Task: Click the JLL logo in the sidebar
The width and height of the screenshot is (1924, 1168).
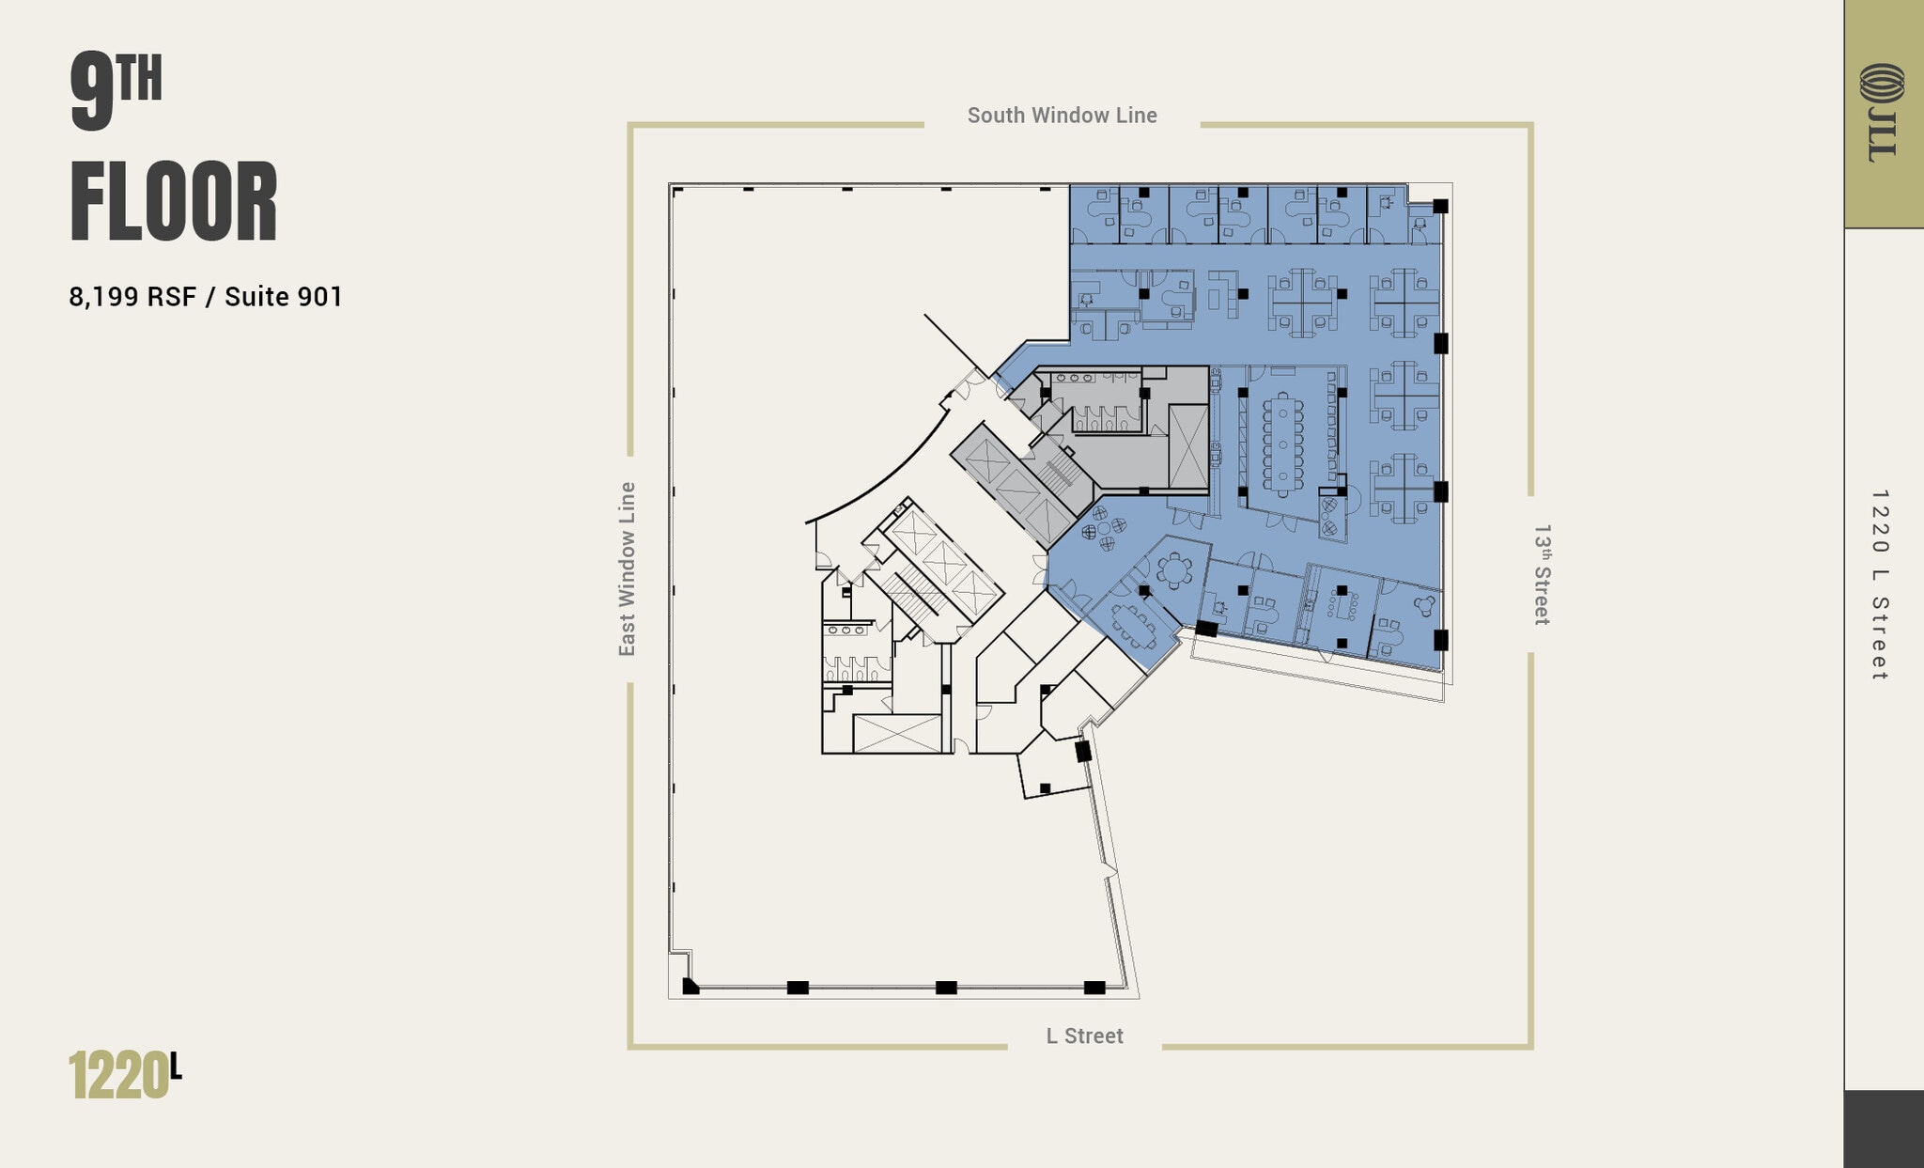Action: (1882, 113)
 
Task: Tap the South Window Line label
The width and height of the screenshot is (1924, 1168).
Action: (1062, 116)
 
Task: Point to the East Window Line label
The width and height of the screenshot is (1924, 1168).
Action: (628, 568)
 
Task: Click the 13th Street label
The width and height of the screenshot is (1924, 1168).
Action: (1542, 574)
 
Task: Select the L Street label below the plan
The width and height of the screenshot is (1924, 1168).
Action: (1084, 1036)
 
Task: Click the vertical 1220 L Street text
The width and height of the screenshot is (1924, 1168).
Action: (1879, 584)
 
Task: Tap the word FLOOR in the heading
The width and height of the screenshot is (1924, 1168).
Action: (174, 203)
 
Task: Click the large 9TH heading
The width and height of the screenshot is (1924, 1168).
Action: (115, 92)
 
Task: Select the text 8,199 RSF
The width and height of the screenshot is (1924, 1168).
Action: (132, 297)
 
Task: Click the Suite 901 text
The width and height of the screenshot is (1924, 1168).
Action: (283, 297)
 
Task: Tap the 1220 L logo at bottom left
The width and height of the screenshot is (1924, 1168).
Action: (124, 1075)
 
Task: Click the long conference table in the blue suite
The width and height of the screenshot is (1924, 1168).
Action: (1282, 444)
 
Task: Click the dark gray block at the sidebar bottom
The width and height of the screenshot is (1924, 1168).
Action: (1883, 1129)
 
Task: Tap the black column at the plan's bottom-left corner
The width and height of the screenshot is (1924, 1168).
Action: (690, 986)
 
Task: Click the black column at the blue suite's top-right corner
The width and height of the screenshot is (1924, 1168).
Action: (1440, 206)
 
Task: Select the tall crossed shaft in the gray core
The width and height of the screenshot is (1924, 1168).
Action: (1187, 446)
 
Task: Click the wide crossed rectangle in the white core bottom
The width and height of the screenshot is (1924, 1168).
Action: (896, 733)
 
